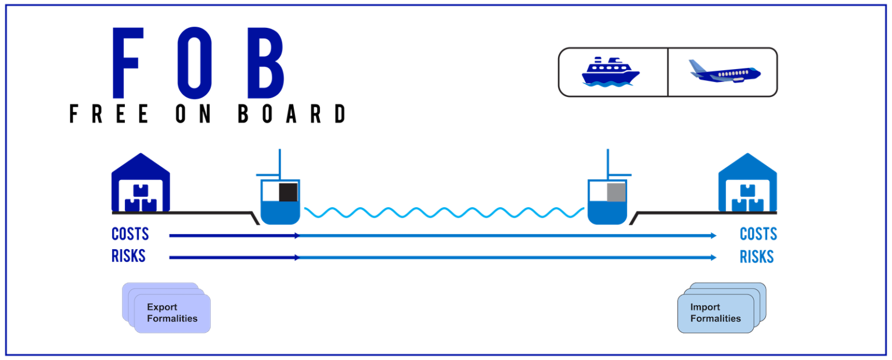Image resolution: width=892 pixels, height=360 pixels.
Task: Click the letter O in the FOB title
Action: click(x=195, y=63)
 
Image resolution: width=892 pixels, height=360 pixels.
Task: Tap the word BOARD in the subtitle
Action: click(x=292, y=114)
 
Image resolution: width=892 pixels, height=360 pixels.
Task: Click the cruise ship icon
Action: click(x=610, y=72)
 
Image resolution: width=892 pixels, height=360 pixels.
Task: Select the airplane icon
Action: click(x=725, y=71)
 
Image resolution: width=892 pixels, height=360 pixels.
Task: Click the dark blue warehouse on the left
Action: click(x=141, y=182)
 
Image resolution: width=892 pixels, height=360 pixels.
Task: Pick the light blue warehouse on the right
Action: click(x=747, y=182)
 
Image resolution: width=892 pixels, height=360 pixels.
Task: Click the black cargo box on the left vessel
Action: click(x=288, y=192)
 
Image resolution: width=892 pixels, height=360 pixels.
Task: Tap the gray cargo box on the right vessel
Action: click(x=616, y=192)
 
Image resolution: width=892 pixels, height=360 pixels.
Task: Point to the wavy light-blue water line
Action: click(x=444, y=213)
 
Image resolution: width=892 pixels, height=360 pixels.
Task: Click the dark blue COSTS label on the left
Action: click(x=130, y=234)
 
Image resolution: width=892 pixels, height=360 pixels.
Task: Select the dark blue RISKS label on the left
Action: click(x=128, y=256)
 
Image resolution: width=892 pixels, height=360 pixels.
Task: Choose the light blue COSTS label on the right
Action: click(x=758, y=234)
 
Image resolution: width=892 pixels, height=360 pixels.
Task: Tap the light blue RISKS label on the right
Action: click(x=757, y=257)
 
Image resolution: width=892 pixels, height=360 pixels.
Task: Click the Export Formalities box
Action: click(x=172, y=314)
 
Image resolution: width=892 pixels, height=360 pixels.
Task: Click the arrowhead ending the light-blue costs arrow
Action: click(x=714, y=236)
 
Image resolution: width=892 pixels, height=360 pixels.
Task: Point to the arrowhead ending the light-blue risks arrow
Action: click(x=714, y=258)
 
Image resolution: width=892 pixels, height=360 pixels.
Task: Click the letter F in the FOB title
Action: click(x=127, y=63)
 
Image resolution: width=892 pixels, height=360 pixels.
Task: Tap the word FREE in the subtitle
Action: click(x=109, y=114)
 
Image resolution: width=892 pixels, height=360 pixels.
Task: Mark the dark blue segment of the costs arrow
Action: click(x=235, y=236)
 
